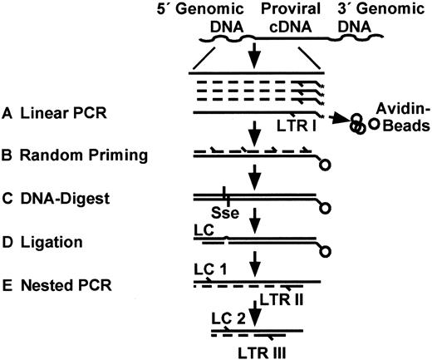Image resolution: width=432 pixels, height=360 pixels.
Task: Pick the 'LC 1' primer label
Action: (208, 269)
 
